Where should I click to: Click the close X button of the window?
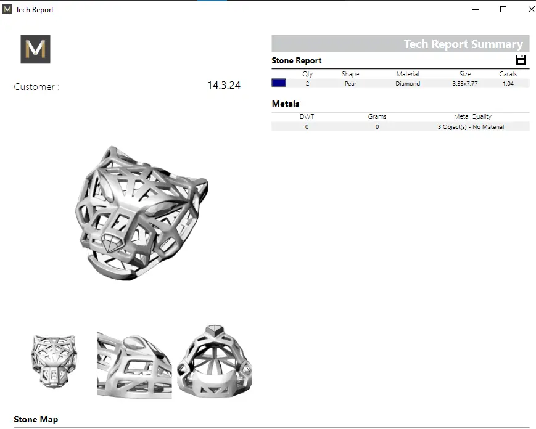tap(531, 10)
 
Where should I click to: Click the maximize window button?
tap(503, 10)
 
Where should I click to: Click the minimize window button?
tap(475, 10)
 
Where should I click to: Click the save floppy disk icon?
tap(521, 60)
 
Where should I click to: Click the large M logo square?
tap(35, 49)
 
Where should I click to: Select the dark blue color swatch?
tap(279, 83)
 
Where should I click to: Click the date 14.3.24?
tap(224, 85)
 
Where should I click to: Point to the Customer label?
tap(36, 87)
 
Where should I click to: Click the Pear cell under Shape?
tap(350, 83)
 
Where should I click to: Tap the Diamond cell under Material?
tap(408, 83)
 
